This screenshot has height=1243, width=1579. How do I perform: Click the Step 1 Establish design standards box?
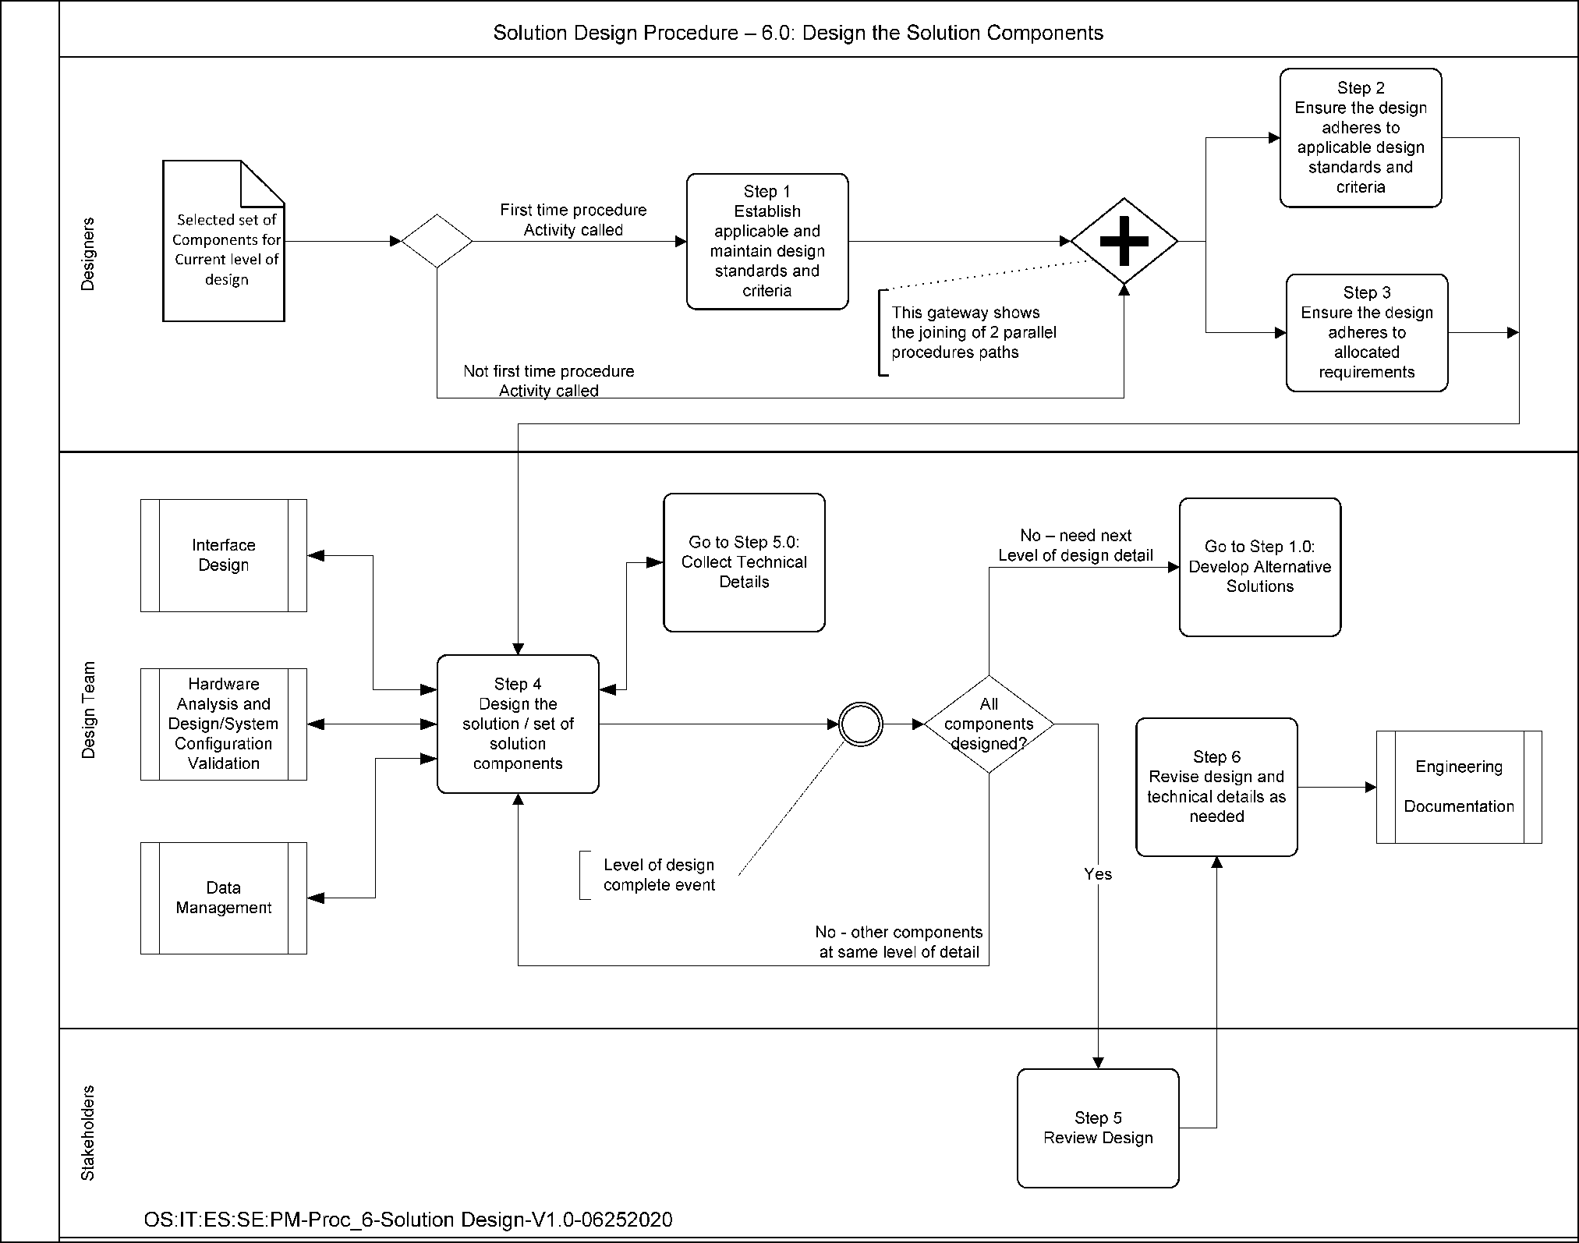[767, 241]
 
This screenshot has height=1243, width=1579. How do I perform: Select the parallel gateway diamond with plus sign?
[1124, 241]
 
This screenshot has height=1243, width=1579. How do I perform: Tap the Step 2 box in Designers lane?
[1360, 138]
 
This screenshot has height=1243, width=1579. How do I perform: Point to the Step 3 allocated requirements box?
[1366, 332]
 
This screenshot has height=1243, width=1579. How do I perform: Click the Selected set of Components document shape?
[224, 242]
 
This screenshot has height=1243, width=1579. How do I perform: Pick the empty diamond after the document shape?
[437, 241]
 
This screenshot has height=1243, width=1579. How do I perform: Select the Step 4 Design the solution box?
[518, 724]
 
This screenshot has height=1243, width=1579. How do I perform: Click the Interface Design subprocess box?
[224, 555]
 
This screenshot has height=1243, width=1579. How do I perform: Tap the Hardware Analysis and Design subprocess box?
[224, 724]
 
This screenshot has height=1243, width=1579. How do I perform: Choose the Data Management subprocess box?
[224, 898]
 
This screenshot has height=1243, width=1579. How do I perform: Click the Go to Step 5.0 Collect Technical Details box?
[744, 562]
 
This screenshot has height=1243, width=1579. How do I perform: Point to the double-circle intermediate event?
[861, 724]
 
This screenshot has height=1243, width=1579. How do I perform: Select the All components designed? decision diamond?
[989, 724]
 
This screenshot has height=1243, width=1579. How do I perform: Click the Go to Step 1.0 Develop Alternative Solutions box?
[1259, 567]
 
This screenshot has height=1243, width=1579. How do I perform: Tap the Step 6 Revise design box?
[1216, 787]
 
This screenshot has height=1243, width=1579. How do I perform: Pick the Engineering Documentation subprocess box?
[1458, 787]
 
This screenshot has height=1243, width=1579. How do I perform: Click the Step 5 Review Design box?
[1098, 1128]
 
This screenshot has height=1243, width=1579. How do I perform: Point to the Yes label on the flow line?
[1098, 874]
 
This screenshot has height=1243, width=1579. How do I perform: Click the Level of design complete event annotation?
[659, 875]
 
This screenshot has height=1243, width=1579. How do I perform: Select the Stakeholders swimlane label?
[88, 1132]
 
